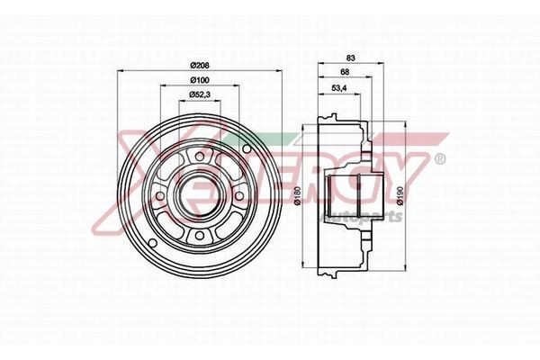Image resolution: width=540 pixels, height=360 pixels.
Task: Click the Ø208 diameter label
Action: pyautogui.click(x=200, y=64)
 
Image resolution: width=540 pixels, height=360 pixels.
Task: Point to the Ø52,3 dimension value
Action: pyautogui.click(x=200, y=94)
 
